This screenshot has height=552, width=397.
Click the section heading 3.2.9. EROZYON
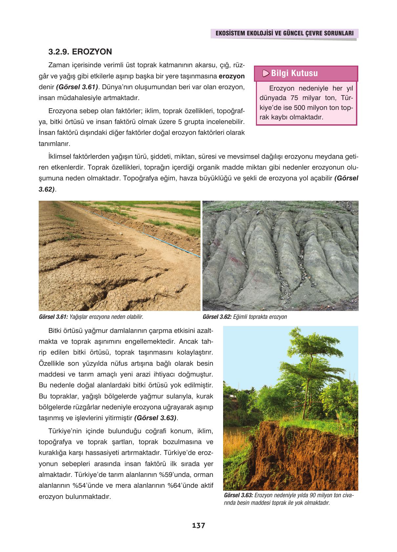[80, 52]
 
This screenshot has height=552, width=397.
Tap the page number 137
[198, 525]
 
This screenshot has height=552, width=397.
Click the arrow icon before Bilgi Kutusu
[266, 73]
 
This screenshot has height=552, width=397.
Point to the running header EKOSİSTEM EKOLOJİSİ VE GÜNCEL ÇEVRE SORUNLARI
[284, 33]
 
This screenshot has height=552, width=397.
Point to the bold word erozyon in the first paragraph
[232, 76]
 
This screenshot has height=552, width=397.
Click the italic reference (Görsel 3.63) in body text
[155, 418]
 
